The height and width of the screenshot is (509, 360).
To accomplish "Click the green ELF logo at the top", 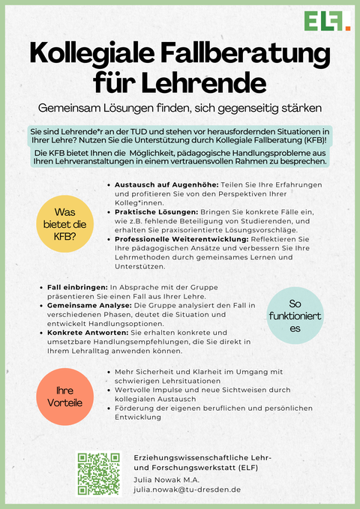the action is pyautogui.click(x=327, y=21).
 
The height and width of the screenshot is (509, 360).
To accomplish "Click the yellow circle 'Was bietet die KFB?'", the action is pyautogui.click(x=64, y=223).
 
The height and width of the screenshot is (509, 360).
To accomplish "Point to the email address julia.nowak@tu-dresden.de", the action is pyautogui.click(x=187, y=489).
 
